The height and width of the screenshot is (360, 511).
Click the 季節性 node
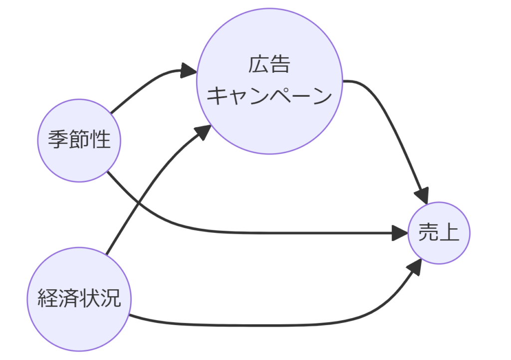(79, 140)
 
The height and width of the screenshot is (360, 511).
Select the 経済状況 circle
(79, 300)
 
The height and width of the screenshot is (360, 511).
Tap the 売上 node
(439, 233)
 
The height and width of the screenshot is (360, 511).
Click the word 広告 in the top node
(269, 65)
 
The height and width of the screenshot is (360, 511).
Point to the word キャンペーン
(269, 96)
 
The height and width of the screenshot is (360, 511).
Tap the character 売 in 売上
(428, 233)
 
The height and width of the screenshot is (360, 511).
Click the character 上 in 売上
(449, 233)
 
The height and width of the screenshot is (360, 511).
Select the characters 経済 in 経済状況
(58, 300)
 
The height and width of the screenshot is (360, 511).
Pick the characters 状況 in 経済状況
(100, 300)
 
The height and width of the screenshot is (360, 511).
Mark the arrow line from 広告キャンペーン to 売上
(394, 125)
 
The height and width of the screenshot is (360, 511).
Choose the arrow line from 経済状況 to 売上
(274, 325)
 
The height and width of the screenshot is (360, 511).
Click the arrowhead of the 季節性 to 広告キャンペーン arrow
(189, 71)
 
